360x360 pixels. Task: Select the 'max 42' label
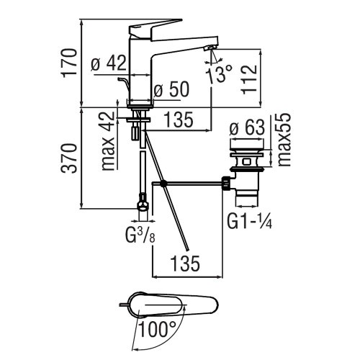[109, 143]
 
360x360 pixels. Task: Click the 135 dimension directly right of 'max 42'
[179, 121]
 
